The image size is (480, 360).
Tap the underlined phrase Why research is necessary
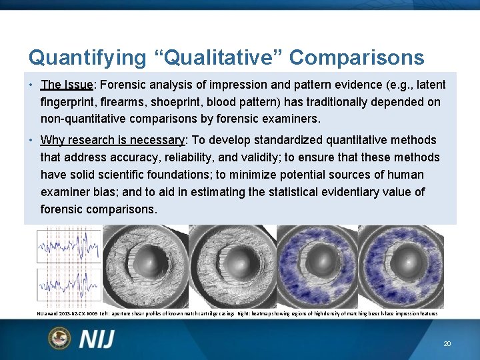pos(112,140)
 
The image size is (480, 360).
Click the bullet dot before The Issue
pos(32,85)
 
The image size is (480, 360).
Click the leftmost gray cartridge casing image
pos(145,266)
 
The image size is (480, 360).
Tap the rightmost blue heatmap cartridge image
pos(401,266)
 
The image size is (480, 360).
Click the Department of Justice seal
pos(59,338)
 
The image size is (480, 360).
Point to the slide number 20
pos(447,344)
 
